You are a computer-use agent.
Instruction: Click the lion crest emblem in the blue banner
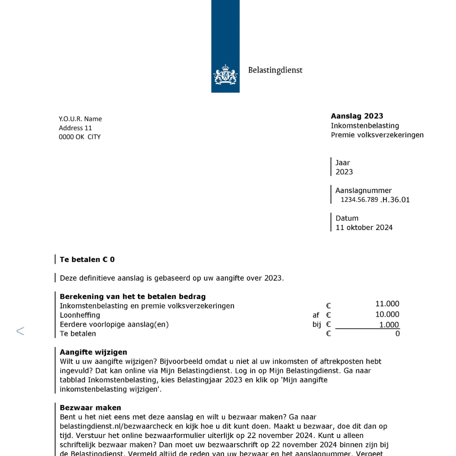coord(225,74)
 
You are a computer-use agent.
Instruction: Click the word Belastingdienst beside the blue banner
coord(275,70)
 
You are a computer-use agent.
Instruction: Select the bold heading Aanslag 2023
coord(357,116)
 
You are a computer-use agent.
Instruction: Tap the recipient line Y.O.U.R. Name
coord(80,119)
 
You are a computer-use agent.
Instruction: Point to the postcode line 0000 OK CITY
coord(79,137)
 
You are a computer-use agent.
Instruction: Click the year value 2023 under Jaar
coord(344,172)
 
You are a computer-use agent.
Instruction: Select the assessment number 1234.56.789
coord(359,200)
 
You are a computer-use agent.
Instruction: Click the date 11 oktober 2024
coord(364,228)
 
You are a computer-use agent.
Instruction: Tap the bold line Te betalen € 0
coord(87,260)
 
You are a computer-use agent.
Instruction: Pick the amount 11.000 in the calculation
coord(387,304)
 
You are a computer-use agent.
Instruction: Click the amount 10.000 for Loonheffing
coord(387,314)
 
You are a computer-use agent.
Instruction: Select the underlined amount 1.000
coord(389,325)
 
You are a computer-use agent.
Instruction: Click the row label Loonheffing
coord(80,315)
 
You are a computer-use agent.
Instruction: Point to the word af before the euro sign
coord(316,315)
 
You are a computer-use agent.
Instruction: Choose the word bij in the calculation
coord(316,324)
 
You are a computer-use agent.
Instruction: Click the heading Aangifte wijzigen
coord(93,352)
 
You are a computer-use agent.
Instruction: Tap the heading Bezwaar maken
coord(90,408)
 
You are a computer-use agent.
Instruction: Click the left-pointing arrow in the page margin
coord(20,331)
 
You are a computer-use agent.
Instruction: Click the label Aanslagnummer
coord(363,191)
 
